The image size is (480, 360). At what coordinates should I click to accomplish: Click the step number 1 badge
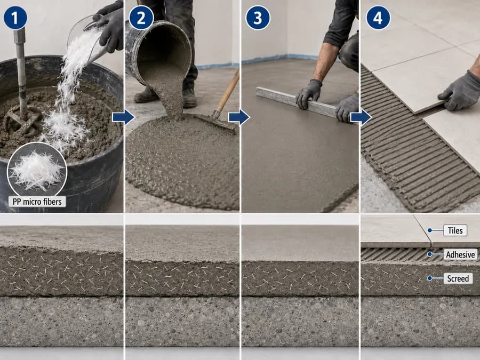click(15, 18)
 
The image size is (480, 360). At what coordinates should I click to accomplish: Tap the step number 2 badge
click(141, 18)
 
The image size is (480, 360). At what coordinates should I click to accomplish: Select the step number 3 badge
click(258, 18)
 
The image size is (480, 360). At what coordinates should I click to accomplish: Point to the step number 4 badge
click(378, 18)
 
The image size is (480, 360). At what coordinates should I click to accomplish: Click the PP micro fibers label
click(37, 202)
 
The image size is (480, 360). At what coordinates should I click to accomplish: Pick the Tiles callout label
click(455, 230)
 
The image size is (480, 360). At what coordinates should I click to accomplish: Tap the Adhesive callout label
click(460, 254)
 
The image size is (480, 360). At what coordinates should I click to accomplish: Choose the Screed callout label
click(458, 278)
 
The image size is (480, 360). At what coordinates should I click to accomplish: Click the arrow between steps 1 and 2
click(123, 117)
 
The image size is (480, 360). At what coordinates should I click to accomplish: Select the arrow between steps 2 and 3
click(239, 117)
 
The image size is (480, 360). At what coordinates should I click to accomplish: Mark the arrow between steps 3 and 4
click(361, 117)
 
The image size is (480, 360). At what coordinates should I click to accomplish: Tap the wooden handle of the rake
click(227, 92)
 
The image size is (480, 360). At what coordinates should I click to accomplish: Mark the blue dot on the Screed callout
click(430, 278)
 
